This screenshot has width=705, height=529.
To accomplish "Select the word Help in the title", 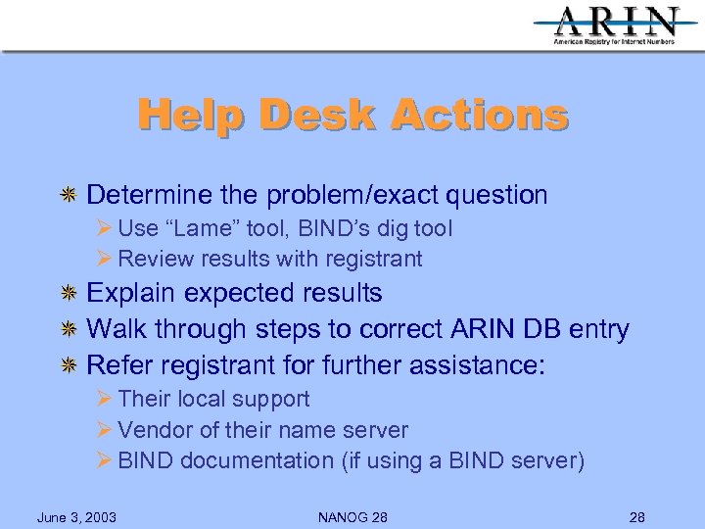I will click(193, 115).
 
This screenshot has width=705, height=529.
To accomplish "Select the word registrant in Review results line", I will click(372, 260).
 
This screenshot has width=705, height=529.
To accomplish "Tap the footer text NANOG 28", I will click(352, 516).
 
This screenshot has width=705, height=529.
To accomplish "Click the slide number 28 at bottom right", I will click(635, 516).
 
